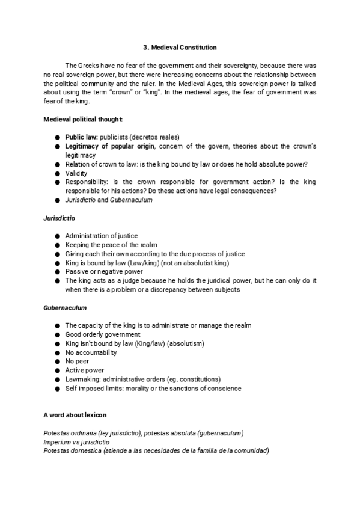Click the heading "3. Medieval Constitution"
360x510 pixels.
click(x=180, y=47)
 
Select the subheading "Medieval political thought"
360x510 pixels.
click(x=84, y=119)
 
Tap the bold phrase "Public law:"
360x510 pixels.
click(x=81, y=137)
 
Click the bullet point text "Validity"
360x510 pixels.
click(x=76, y=173)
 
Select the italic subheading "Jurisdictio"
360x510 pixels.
click(x=59, y=218)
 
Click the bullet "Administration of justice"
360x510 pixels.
click(x=102, y=236)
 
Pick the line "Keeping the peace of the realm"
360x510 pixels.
click(x=111, y=245)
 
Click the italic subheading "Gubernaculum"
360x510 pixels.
click(x=65, y=307)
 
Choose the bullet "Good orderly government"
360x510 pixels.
click(x=103, y=334)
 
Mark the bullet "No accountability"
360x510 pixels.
click(x=91, y=352)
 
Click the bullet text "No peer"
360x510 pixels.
click(x=77, y=361)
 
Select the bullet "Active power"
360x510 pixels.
click(x=85, y=370)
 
